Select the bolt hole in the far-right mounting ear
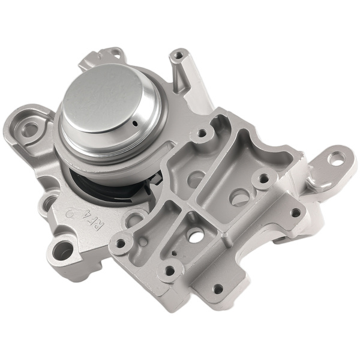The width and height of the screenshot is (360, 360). pyautogui.click(x=337, y=158)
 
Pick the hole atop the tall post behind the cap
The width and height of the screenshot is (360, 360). pyautogui.click(x=177, y=56)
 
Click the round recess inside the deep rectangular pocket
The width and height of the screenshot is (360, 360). pyautogui.click(x=240, y=196)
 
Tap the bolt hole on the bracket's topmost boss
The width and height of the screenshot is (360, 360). pyautogui.click(x=202, y=133)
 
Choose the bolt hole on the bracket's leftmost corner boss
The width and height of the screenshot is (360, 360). pyautogui.click(x=121, y=244)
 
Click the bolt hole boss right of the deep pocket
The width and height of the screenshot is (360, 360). pyautogui.click(x=262, y=178)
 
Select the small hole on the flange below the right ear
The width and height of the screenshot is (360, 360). pyautogui.click(x=295, y=212)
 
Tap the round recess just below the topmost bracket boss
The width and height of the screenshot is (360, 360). pyautogui.click(x=195, y=178)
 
